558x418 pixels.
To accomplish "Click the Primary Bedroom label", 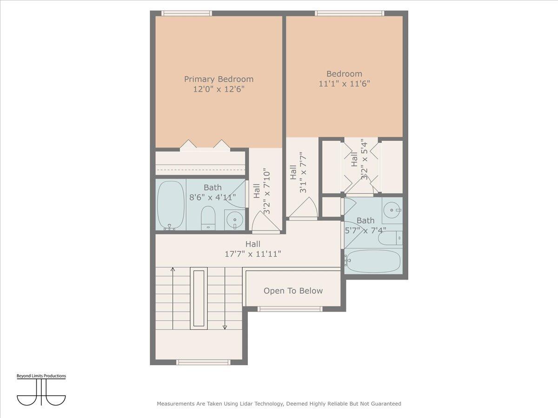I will point(219,79).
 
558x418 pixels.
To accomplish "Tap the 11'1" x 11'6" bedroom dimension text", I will point(344,84).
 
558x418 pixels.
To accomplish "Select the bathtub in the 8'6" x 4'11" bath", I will point(170,205).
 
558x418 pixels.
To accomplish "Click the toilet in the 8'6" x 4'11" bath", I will point(208,217).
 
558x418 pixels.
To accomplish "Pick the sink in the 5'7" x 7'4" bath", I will point(392,210).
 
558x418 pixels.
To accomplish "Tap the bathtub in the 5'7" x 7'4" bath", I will point(373,261).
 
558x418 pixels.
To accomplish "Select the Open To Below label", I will point(293,291).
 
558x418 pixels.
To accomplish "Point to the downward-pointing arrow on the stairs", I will point(225,327).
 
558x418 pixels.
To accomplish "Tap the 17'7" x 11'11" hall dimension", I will point(253,254).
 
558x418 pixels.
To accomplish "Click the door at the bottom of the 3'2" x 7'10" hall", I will point(266,222).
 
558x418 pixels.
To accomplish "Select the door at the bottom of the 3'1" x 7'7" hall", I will point(303,209).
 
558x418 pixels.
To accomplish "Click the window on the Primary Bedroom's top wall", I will point(186,13).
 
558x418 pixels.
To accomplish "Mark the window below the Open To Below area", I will point(290,309).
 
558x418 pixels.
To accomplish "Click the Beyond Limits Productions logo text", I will point(41,376).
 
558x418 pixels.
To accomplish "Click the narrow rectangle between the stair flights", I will point(199,299).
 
